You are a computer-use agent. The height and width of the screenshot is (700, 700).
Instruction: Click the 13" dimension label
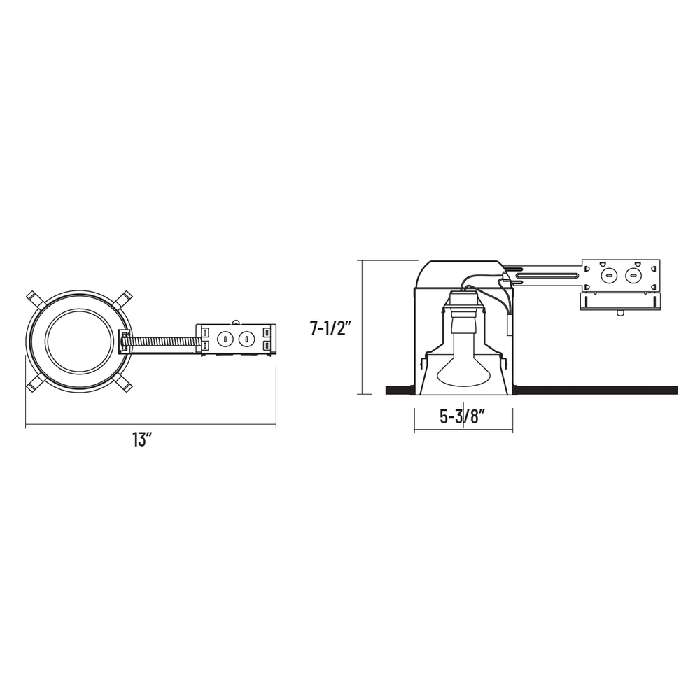[x=140, y=440]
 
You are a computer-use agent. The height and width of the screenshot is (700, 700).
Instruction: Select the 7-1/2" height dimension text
[x=328, y=328]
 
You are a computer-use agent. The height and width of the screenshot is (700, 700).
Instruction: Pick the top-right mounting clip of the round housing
[x=123, y=299]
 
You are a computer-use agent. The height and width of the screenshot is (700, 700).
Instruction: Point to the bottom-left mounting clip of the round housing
[x=35, y=384]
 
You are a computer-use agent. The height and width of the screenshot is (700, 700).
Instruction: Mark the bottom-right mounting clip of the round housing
[x=123, y=384]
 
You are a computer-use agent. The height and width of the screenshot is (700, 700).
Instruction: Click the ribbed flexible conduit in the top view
[x=162, y=341]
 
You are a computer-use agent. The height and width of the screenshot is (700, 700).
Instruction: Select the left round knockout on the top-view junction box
[x=225, y=339]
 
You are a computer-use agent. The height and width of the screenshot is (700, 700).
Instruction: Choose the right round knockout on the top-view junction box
[x=244, y=339]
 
